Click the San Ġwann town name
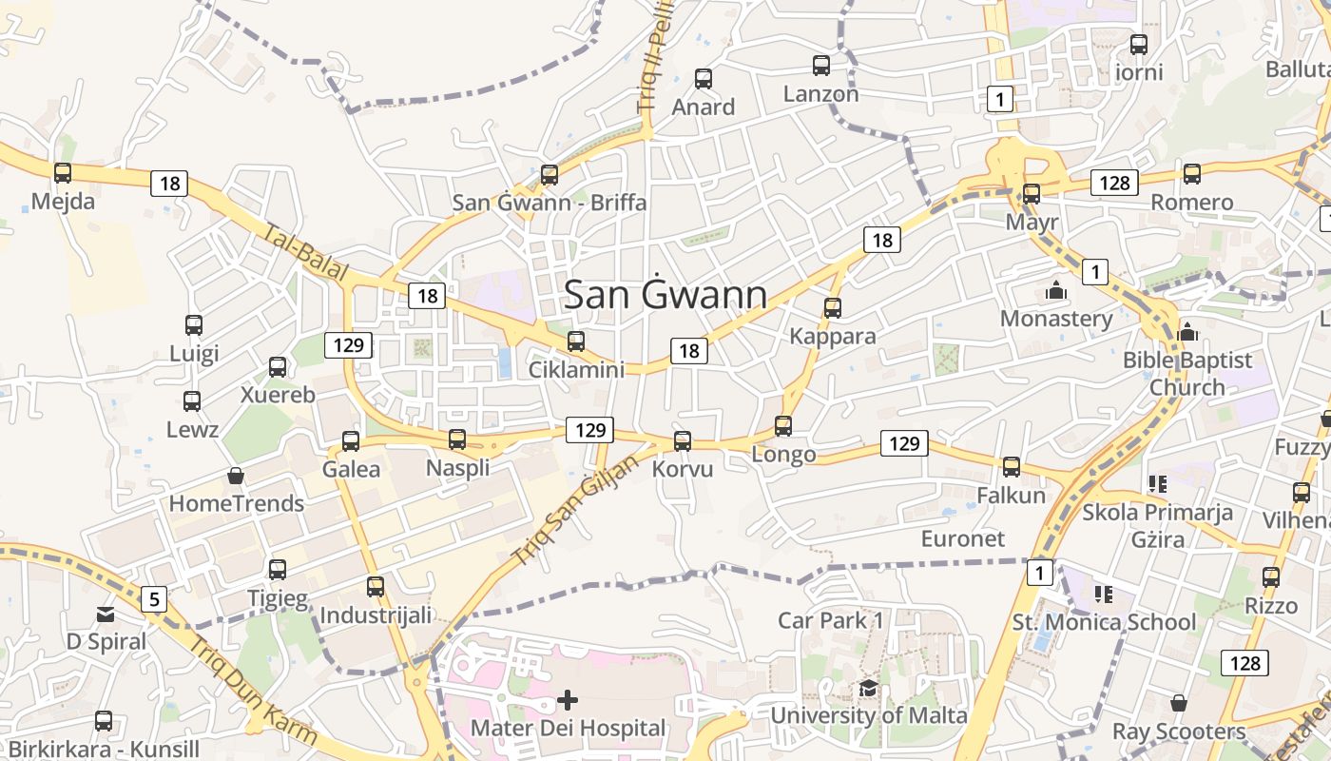click(x=665, y=295)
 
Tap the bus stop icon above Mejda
click(x=63, y=173)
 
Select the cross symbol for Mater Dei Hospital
click(x=568, y=701)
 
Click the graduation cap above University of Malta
click(x=868, y=689)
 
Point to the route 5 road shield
click(x=154, y=599)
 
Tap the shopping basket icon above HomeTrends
click(x=236, y=476)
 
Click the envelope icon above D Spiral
click(x=106, y=615)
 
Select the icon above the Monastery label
click(x=1055, y=291)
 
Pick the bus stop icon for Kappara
click(x=833, y=308)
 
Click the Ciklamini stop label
click(x=576, y=369)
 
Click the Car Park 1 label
click(x=831, y=620)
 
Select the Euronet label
click(x=962, y=538)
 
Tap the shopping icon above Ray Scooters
click(x=1179, y=704)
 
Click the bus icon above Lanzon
click(x=821, y=66)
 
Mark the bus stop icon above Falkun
click(x=1012, y=467)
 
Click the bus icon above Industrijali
click(x=376, y=587)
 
